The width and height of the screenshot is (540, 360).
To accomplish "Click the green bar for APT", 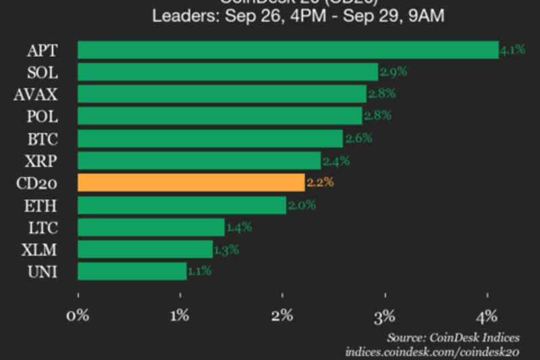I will [288, 50].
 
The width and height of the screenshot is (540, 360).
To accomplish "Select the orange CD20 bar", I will [191, 183].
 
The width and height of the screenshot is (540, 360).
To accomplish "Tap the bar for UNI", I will [132, 272].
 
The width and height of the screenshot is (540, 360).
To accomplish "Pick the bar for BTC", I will [210, 138].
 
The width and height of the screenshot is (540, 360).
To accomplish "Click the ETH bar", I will [182, 205].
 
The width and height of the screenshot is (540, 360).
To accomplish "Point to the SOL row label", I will [43, 72].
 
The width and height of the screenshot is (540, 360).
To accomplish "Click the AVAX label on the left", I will [35, 95].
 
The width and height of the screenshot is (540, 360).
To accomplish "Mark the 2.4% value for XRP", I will [335, 161].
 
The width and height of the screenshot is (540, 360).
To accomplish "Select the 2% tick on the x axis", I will [283, 316].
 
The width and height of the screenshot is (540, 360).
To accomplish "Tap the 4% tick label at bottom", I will [487, 316].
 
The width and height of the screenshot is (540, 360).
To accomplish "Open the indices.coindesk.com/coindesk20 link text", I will [431, 352].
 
